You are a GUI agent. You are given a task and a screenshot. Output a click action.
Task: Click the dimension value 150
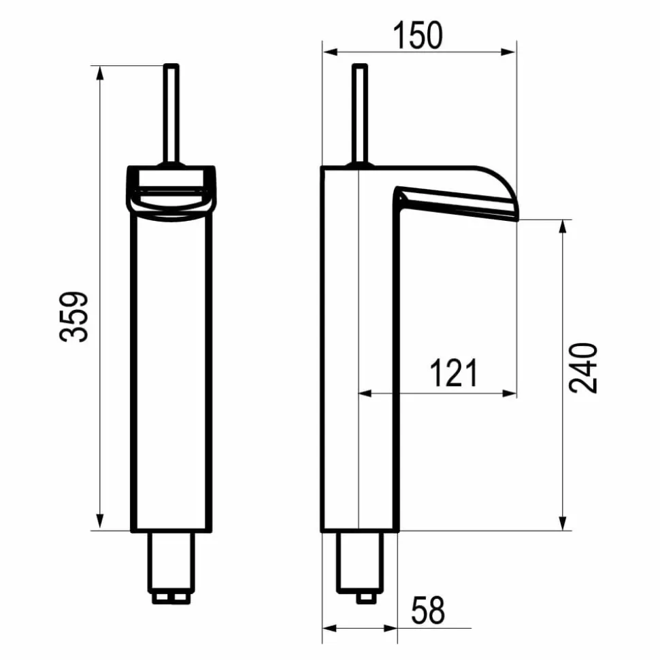click(x=418, y=35)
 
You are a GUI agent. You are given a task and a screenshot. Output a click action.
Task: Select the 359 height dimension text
click(x=73, y=317)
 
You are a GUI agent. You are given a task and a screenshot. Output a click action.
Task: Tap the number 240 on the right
click(x=583, y=368)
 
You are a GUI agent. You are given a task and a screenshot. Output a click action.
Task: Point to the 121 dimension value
click(x=453, y=373)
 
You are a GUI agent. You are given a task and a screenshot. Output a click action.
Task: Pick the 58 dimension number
click(x=428, y=610)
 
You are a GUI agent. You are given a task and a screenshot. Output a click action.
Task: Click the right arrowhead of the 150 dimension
click(x=508, y=52)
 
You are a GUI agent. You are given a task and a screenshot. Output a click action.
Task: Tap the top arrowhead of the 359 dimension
click(x=100, y=73)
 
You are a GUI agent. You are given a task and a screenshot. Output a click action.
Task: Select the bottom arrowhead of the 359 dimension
click(x=100, y=521)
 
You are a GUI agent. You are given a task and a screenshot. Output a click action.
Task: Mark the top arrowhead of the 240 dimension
click(x=562, y=227)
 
